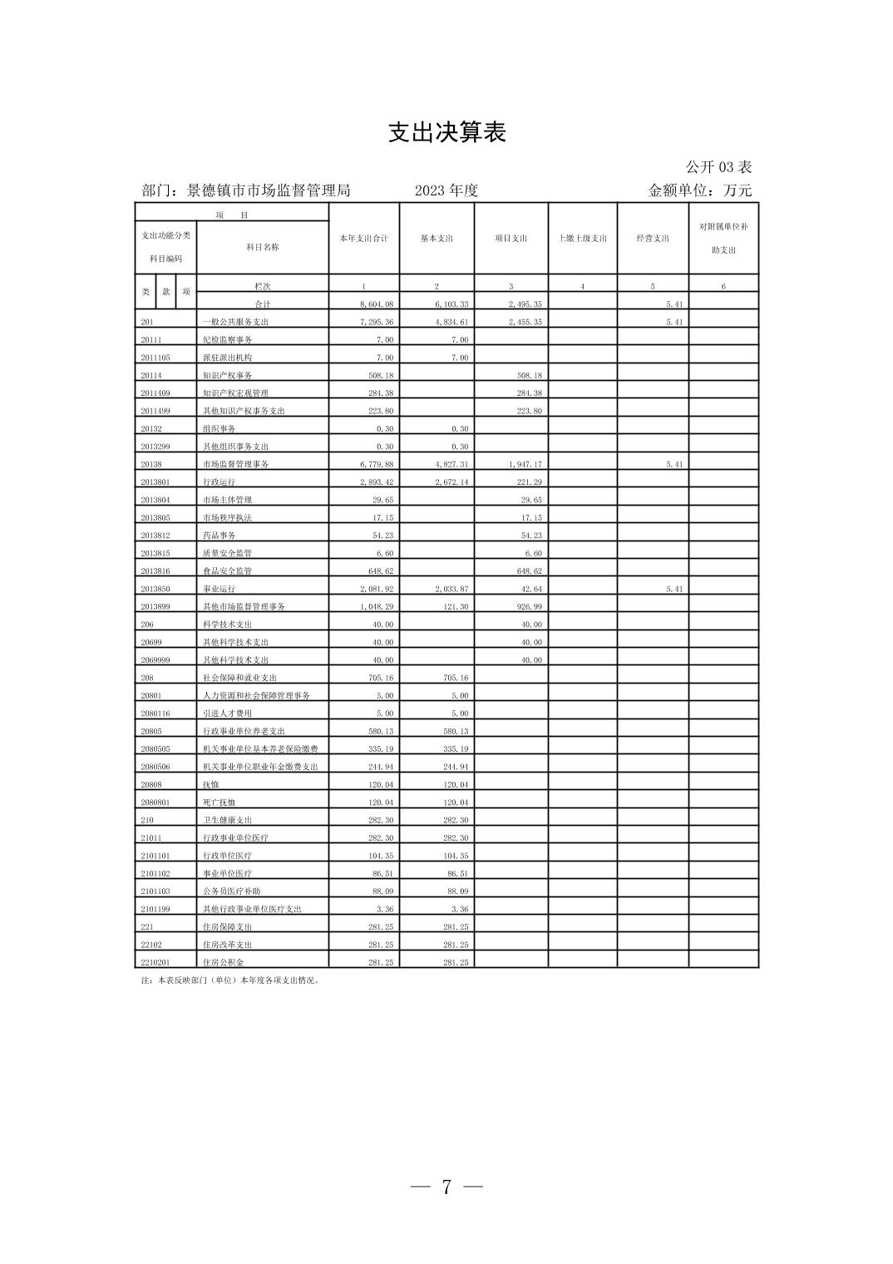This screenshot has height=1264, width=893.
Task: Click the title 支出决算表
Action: click(446, 133)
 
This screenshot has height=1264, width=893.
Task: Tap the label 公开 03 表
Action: click(718, 167)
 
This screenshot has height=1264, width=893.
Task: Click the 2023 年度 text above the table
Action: click(446, 190)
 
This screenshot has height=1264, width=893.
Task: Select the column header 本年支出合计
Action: click(363, 239)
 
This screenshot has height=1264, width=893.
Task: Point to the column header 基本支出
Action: click(437, 239)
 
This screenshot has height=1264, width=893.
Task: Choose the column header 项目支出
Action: click(511, 239)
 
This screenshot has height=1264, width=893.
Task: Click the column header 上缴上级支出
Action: click(582, 239)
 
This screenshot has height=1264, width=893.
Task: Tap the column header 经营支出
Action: click(653, 239)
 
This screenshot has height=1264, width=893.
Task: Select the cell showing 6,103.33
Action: click(451, 304)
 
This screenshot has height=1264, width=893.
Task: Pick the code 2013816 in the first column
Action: click(155, 571)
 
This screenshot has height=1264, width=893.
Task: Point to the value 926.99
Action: click(525, 607)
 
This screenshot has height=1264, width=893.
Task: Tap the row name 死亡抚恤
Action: click(219, 802)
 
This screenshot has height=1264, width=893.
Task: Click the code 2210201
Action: click(155, 962)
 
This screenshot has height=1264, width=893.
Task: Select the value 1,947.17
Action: click(525, 465)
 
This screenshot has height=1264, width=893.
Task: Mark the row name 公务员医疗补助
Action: click(231, 891)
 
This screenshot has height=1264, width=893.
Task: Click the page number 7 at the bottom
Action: click(446, 1187)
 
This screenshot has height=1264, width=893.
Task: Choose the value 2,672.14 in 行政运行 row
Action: click(451, 482)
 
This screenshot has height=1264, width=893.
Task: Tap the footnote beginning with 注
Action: click(230, 980)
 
